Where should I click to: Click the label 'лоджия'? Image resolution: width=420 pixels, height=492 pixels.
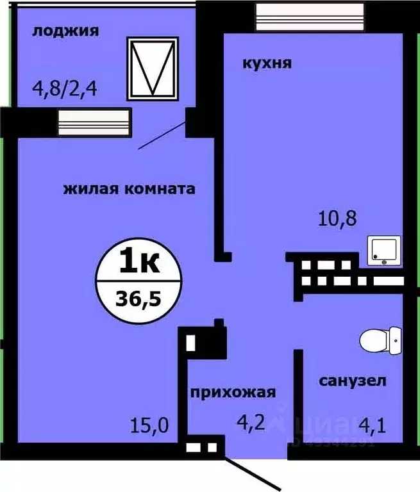pyautogui.click(x=66, y=31)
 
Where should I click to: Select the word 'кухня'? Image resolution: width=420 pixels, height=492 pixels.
pyautogui.click(x=267, y=63)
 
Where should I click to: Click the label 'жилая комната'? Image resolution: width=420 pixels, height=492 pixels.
pyautogui.click(x=129, y=189)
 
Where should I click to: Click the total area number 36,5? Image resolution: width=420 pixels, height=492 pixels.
pyautogui.click(x=139, y=298)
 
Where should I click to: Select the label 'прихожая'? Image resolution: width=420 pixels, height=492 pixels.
pyautogui.click(x=232, y=393)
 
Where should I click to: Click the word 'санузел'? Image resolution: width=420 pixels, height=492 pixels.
pyautogui.click(x=353, y=381)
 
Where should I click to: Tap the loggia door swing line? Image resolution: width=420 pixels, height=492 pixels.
pyautogui.click(x=164, y=135)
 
